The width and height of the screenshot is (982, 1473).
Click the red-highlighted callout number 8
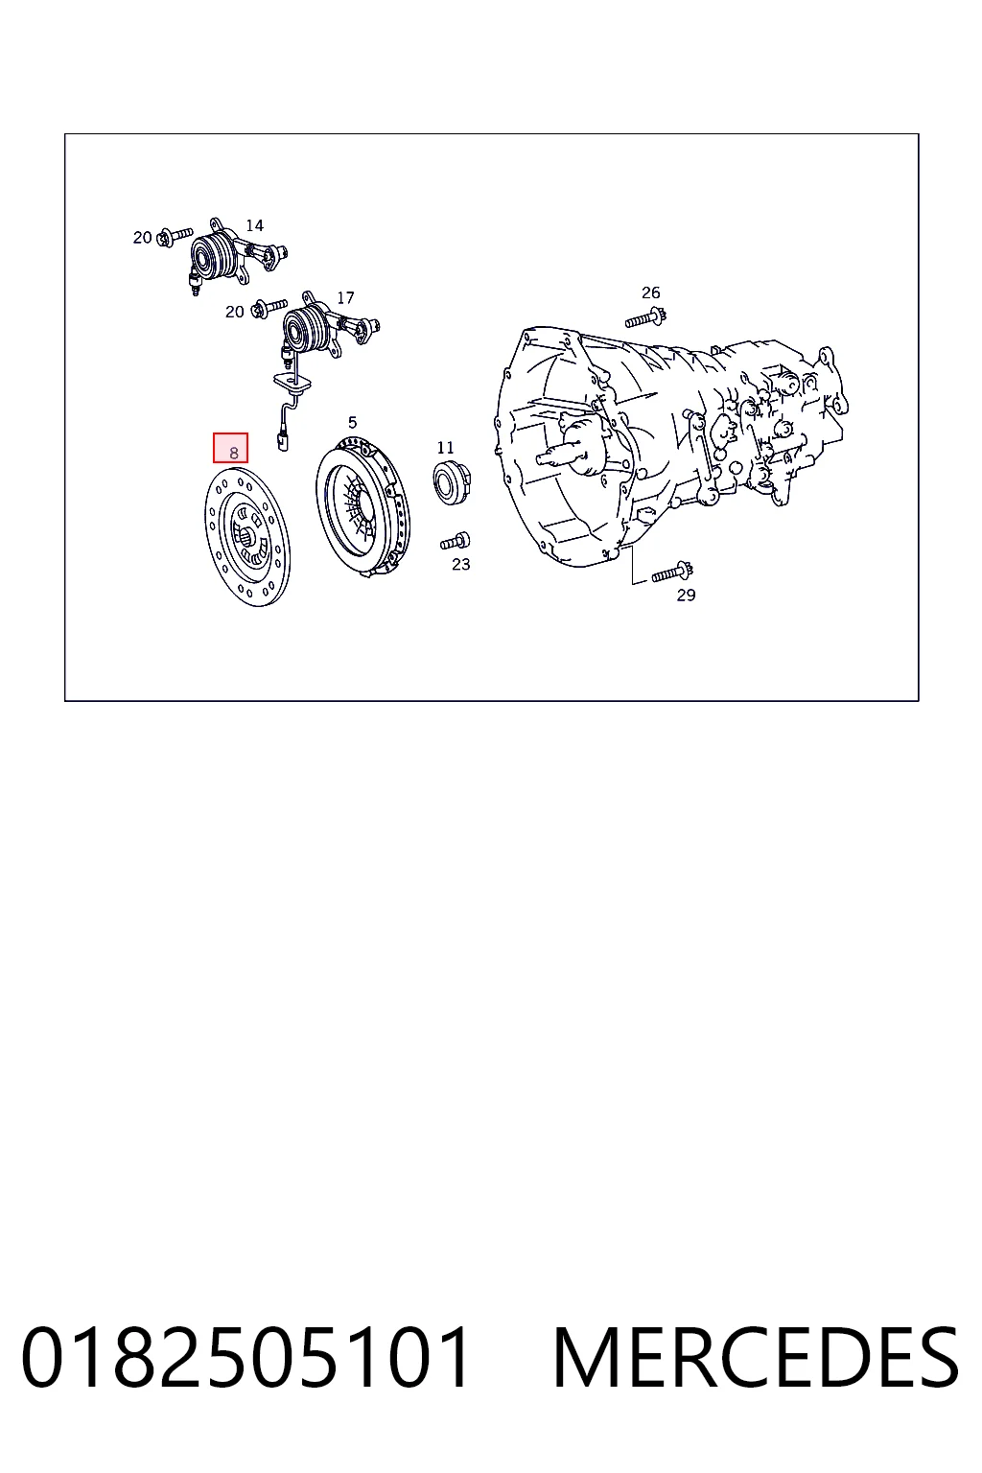[x=233, y=453]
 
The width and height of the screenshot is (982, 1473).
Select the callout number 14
[x=254, y=225]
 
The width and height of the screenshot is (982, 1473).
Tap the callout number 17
[x=345, y=298]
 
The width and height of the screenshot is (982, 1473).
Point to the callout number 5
[x=353, y=422]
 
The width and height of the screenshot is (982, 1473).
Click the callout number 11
[x=445, y=447]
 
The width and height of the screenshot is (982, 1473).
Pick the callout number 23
[x=461, y=564]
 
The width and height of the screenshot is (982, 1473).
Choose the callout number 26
[x=650, y=292]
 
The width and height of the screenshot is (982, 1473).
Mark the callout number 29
[x=686, y=596]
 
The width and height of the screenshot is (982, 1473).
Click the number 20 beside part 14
[x=142, y=238]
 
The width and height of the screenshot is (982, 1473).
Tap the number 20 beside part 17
[x=234, y=312]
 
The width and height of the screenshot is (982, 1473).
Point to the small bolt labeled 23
[x=456, y=541]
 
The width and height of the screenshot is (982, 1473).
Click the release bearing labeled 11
[x=452, y=482]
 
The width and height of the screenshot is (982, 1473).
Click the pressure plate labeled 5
[x=362, y=508]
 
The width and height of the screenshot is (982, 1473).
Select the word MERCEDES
[x=757, y=1357]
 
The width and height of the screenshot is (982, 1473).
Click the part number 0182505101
[x=246, y=1357]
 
